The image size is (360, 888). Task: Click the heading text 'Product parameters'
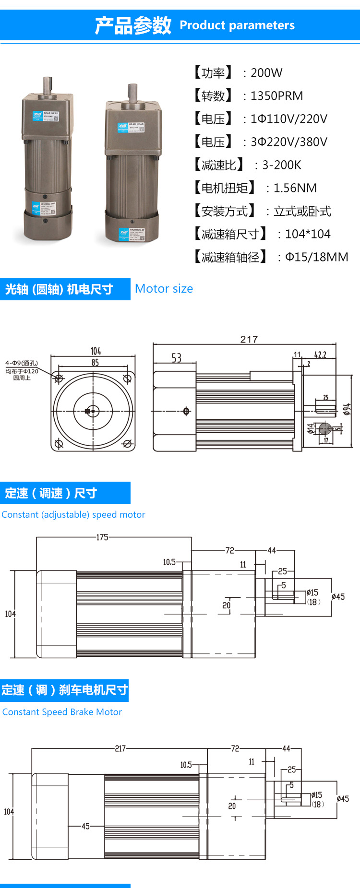point(237,25)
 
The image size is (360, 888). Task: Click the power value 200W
point(266,73)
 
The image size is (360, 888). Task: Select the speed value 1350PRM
point(276,96)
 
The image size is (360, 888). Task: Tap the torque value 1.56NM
point(295,188)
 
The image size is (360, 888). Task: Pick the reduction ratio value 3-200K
point(281,165)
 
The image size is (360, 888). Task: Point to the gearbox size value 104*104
point(308,234)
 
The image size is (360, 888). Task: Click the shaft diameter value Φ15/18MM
point(316,257)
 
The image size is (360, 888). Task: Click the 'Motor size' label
point(164,289)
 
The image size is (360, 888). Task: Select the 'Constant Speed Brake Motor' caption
point(62,712)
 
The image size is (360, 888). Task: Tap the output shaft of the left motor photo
point(47,85)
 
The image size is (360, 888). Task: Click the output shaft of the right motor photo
point(132,92)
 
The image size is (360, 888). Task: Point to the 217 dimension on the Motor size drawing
point(249,340)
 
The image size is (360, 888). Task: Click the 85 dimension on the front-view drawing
point(95,363)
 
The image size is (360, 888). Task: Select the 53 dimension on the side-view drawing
point(177,358)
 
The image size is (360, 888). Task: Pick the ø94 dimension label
point(347,409)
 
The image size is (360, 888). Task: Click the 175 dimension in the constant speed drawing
point(102,537)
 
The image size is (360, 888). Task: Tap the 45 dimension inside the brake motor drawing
point(85,826)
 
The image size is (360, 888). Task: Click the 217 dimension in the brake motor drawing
point(120,748)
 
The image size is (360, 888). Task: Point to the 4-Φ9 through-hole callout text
point(22,363)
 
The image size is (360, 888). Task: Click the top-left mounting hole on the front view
point(59,379)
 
